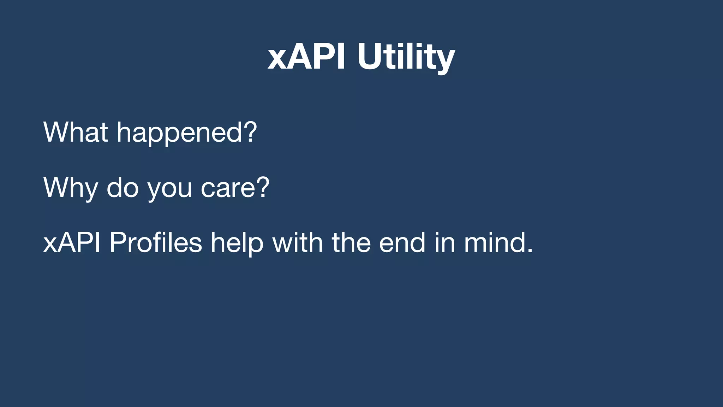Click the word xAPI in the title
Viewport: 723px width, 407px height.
tap(306, 57)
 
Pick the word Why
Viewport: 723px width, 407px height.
tap(70, 188)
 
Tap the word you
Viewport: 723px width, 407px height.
tap(170, 189)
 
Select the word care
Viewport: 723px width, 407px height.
tap(228, 188)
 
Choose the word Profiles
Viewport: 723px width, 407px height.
tap(155, 243)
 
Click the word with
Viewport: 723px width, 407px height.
tap(297, 243)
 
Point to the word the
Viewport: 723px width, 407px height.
tap(351, 243)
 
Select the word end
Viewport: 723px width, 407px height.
tap(402, 243)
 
